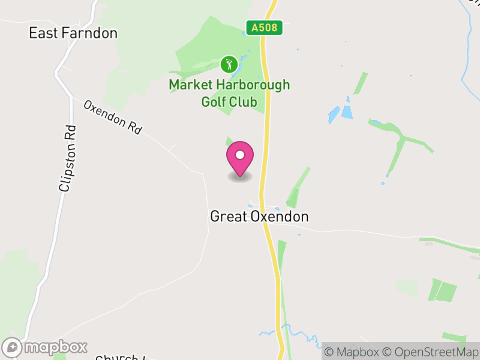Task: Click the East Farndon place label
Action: pyautogui.click(x=73, y=33)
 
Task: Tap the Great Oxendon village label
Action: pyautogui.click(x=259, y=217)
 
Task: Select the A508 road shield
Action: pyautogui.click(x=264, y=28)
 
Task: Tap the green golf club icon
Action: pyautogui.click(x=228, y=64)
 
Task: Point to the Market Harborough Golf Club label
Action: pyautogui.click(x=229, y=93)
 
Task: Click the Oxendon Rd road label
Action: pyautogui.click(x=113, y=117)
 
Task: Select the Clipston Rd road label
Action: pyautogui.click(x=68, y=158)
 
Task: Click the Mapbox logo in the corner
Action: pyautogui.click(x=46, y=347)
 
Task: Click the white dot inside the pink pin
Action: pyautogui.click(x=240, y=155)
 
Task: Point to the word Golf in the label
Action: pyautogui.click(x=213, y=102)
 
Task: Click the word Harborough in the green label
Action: pyautogui.click(x=250, y=85)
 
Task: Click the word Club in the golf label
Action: pyautogui.click(x=244, y=102)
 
